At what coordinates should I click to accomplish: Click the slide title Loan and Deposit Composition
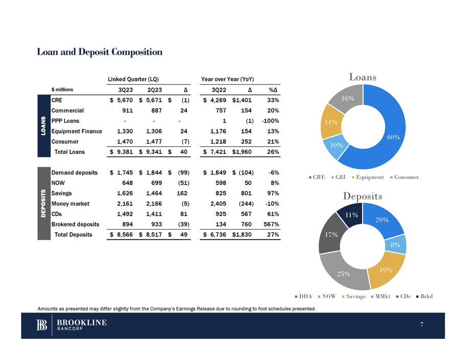99,52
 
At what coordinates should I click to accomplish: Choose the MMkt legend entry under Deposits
382,297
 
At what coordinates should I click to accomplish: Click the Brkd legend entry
424,297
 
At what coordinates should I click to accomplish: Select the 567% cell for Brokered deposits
269,224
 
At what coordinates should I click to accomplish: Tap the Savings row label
62,193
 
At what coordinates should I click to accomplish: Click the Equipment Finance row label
77,131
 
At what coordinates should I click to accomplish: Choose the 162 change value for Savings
182,193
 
